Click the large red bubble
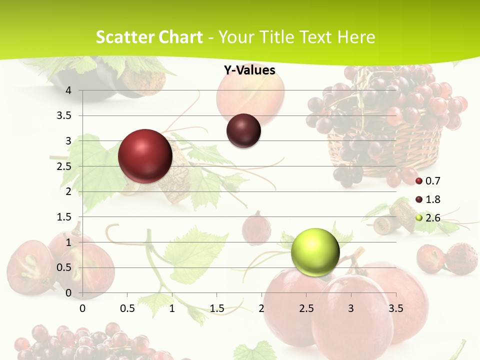[x=145, y=156]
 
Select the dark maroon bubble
[x=243, y=131]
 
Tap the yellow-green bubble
[x=315, y=252]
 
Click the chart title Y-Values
[x=249, y=70]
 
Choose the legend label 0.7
[x=432, y=180]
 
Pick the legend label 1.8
[x=432, y=199]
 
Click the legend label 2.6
[x=432, y=217]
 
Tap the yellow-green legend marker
[x=419, y=217]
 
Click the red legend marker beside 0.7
[x=419, y=180]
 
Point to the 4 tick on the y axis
[x=68, y=90]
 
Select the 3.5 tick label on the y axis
[x=64, y=115]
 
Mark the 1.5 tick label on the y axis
[x=64, y=217]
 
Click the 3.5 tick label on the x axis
[x=396, y=308]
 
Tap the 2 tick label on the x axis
[x=261, y=308]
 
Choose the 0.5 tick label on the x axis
[x=127, y=308]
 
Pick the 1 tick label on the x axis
[x=172, y=308]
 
